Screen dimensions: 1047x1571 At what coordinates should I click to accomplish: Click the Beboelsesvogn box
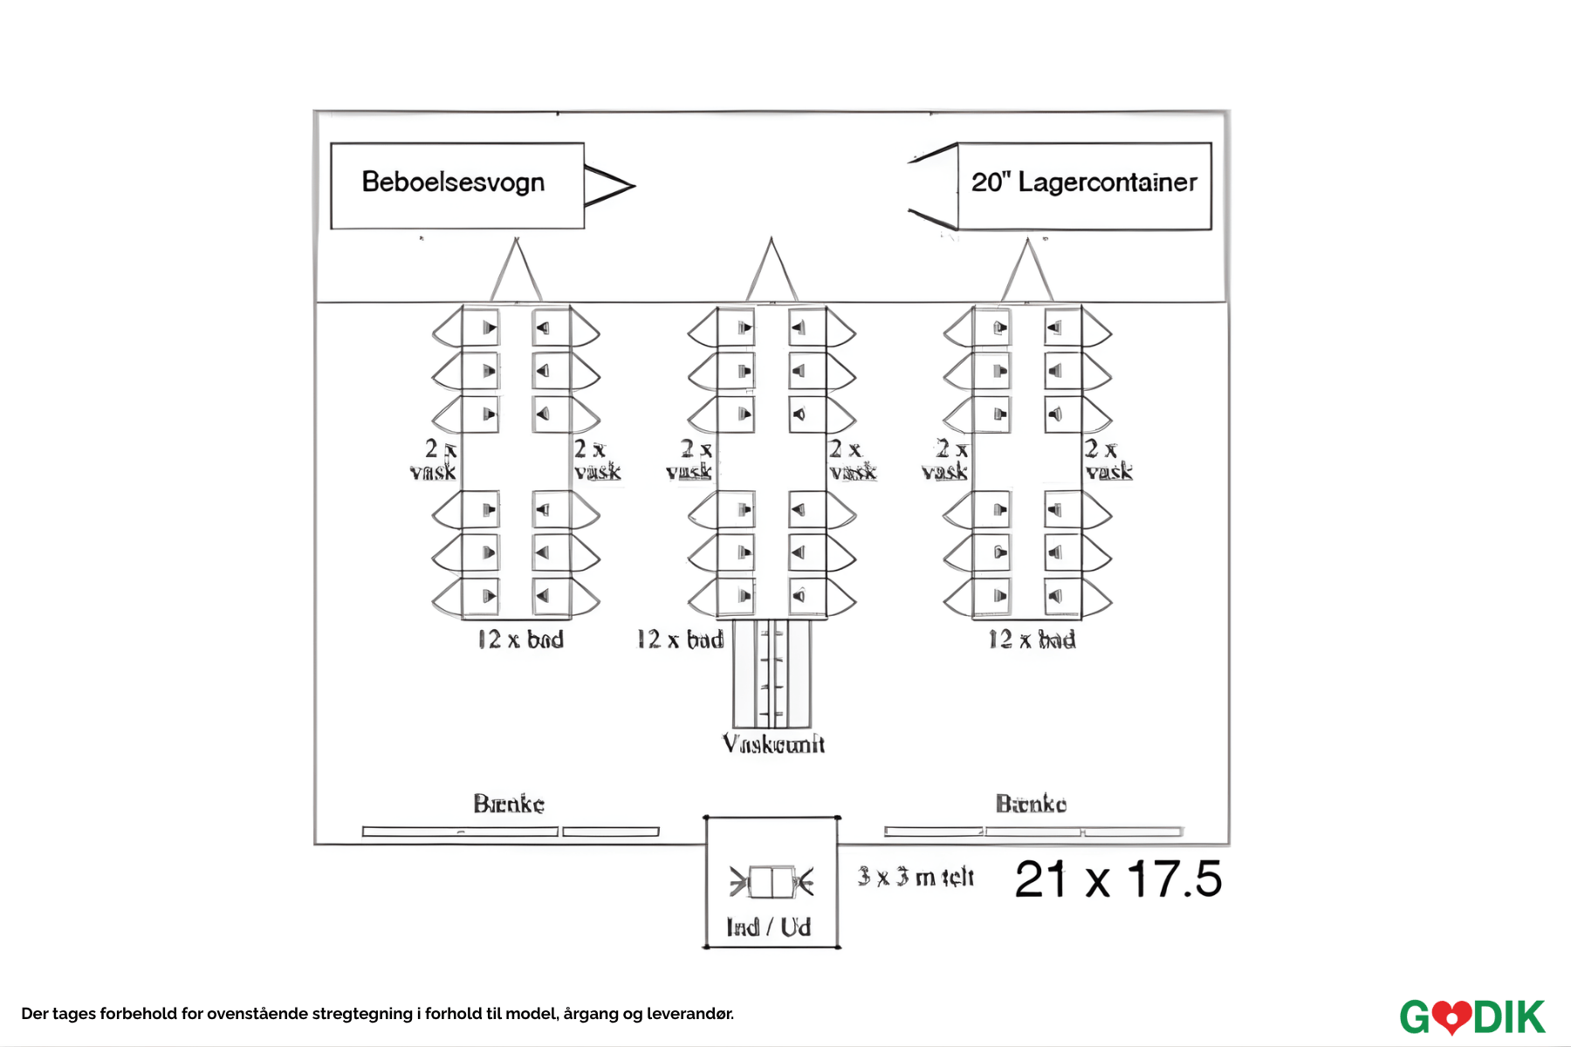pyautogui.click(x=456, y=185)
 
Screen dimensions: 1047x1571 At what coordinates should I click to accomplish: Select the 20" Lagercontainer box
pyautogui.click(x=1084, y=185)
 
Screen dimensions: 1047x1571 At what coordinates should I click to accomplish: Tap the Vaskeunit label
pyautogui.click(x=773, y=744)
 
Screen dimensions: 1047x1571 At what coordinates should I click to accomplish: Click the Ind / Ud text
pyautogui.click(x=769, y=927)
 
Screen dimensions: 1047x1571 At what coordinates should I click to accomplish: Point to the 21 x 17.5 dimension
pyautogui.click(x=1118, y=879)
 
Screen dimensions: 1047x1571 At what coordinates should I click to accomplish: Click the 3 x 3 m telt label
pyautogui.click(x=916, y=877)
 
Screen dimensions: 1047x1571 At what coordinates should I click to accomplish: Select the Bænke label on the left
pyautogui.click(x=509, y=804)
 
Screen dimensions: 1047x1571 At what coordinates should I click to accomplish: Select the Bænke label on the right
pyautogui.click(x=1031, y=804)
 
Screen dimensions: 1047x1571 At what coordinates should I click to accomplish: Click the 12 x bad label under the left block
pyautogui.click(x=520, y=640)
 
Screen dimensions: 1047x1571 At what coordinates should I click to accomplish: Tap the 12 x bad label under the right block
pyautogui.click(x=1032, y=640)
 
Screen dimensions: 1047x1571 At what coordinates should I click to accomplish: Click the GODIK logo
pyautogui.click(x=1472, y=1017)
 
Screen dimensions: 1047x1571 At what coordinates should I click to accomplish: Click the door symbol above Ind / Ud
pyautogui.click(x=772, y=882)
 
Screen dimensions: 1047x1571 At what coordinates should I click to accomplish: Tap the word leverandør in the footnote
pyautogui.click(x=689, y=1014)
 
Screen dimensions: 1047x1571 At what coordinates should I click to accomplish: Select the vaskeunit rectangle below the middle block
pyautogui.click(x=772, y=674)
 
